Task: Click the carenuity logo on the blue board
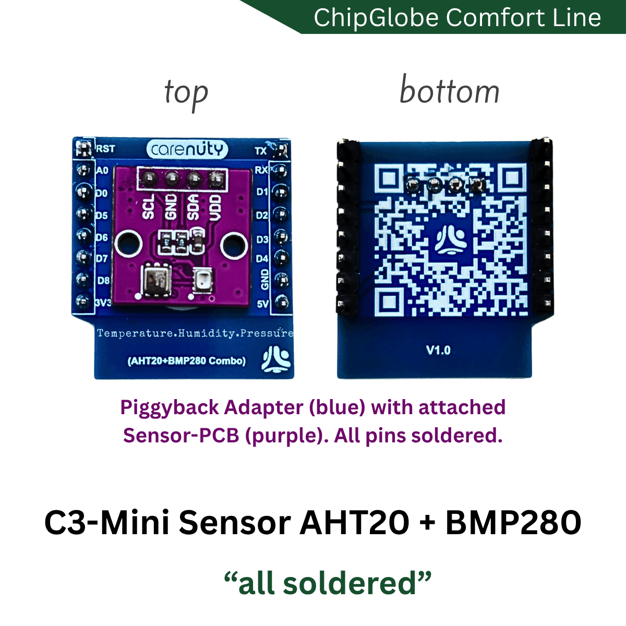click(187, 149)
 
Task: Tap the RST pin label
click(105, 149)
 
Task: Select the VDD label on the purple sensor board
click(215, 208)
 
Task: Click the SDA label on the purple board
click(194, 207)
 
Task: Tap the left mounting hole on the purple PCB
click(128, 243)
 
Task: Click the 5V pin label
click(262, 304)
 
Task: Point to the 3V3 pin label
click(103, 303)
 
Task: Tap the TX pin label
click(260, 151)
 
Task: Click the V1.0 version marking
click(438, 350)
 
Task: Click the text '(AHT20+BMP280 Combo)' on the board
click(186, 361)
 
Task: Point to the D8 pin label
click(103, 280)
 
